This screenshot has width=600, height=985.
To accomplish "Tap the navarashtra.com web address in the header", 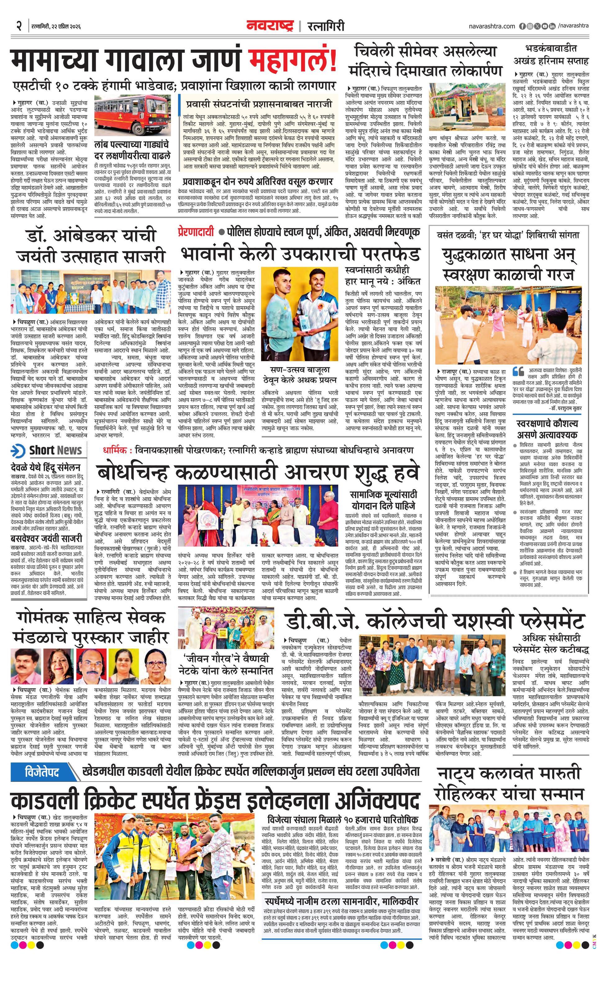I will point(492,26).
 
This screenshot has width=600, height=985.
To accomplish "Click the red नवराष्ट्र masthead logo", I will point(270,26).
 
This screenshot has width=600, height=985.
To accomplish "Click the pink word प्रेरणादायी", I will point(196,232).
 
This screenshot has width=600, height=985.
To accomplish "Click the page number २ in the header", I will point(19,26).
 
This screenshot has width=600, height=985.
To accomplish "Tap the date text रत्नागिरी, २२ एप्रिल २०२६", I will point(56,26).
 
